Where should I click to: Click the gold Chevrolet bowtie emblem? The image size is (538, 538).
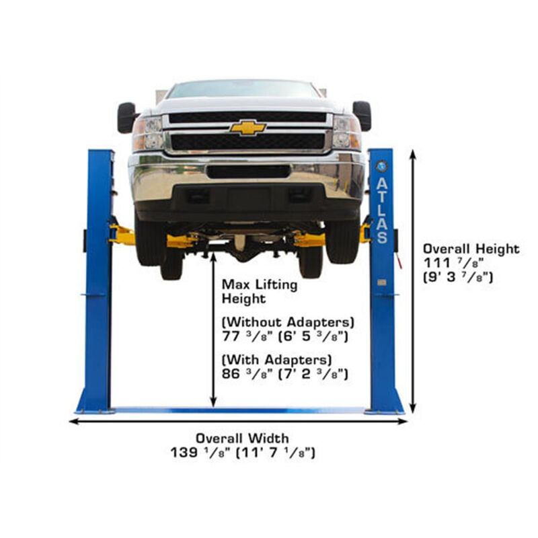click(x=247, y=128)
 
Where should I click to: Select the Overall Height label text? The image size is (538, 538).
click(x=471, y=249)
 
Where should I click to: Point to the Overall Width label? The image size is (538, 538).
click(x=242, y=438)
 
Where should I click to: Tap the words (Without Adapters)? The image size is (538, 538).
click(x=289, y=321)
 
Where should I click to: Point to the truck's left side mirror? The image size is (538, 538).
click(x=126, y=117)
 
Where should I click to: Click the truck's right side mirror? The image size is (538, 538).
click(x=362, y=115)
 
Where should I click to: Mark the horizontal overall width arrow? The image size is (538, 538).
click(x=238, y=422)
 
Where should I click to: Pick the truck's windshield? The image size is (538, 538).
click(x=243, y=89)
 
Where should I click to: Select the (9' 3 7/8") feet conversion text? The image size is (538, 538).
click(x=458, y=276)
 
